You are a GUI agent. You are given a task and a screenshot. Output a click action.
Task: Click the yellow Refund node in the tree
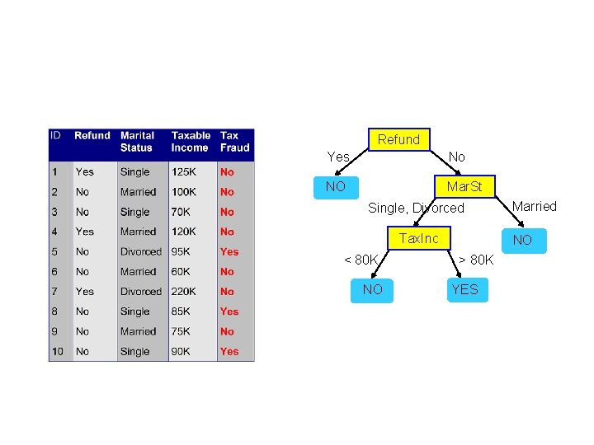click(x=399, y=140)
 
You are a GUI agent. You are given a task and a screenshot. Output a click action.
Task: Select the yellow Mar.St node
click(x=464, y=187)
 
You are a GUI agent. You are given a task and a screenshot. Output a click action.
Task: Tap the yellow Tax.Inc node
click(x=419, y=239)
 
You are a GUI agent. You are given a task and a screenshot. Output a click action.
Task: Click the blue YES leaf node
click(x=464, y=289)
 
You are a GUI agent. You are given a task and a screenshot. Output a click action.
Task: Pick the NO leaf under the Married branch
click(x=522, y=240)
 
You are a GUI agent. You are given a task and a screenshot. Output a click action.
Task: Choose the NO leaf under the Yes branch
click(x=336, y=187)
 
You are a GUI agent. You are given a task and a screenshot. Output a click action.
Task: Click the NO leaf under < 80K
click(x=372, y=289)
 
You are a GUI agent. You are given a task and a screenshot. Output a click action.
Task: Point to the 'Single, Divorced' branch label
click(x=416, y=208)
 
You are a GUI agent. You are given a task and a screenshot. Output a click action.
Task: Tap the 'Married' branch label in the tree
click(x=535, y=206)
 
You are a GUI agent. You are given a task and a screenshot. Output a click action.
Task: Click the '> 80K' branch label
click(x=476, y=260)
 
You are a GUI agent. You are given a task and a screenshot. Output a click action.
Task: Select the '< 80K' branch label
click(x=361, y=260)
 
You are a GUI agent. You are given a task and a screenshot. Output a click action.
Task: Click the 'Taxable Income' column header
click(x=191, y=142)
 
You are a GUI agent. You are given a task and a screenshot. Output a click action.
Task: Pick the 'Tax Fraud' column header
click(x=234, y=142)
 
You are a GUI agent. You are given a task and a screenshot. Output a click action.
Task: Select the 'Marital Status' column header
click(x=138, y=142)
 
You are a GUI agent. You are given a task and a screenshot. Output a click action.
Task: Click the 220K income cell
click(x=183, y=292)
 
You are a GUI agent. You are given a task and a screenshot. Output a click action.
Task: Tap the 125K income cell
click(x=183, y=172)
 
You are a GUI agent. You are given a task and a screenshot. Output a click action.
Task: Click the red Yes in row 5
click(x=229, y=252)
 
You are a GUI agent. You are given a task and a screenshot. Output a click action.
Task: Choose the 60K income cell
click(x=181, y=272)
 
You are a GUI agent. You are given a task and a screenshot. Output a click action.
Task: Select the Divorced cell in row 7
click(x=141, y=292)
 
